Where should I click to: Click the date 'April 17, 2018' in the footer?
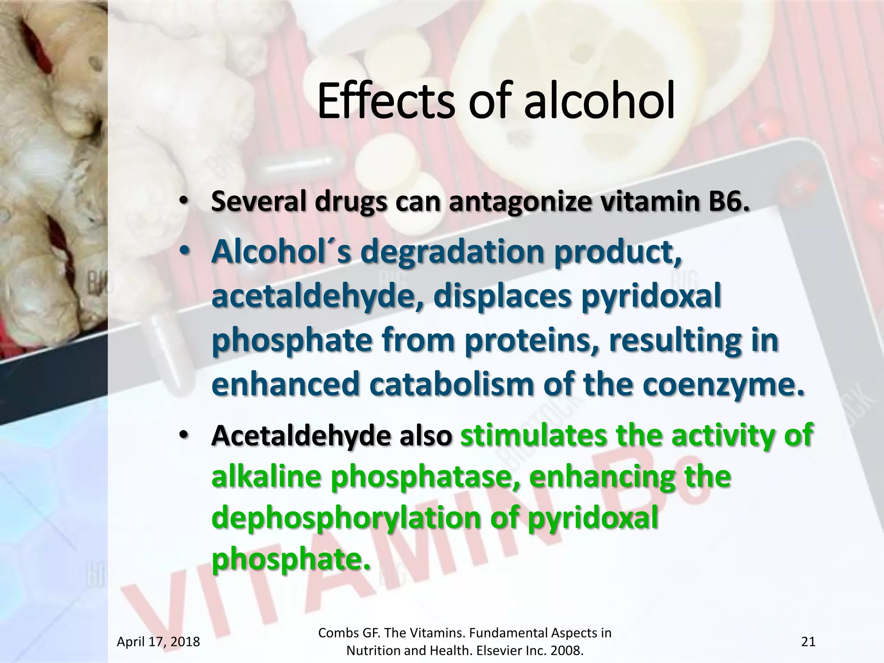tap(158, 642)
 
